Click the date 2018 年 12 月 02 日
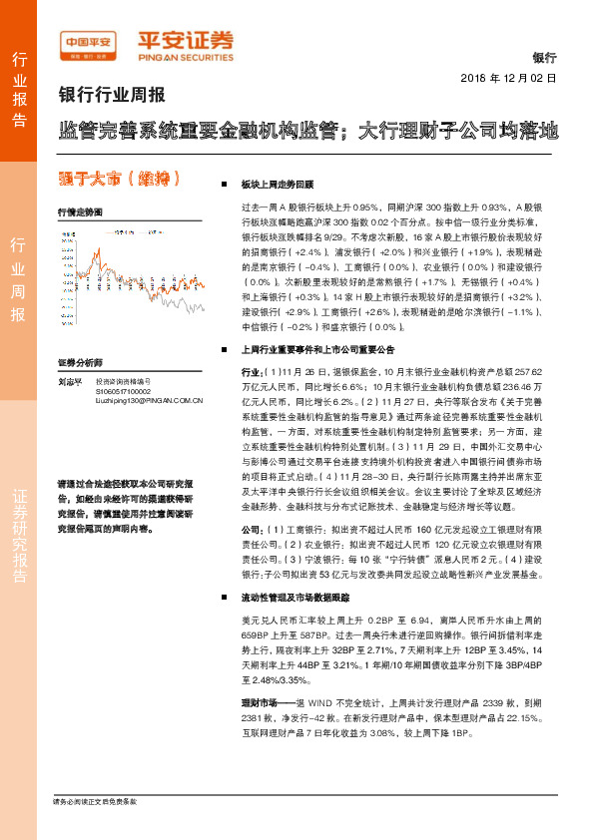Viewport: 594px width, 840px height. coord(508,77)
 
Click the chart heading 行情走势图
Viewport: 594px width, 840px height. coord(80,212)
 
